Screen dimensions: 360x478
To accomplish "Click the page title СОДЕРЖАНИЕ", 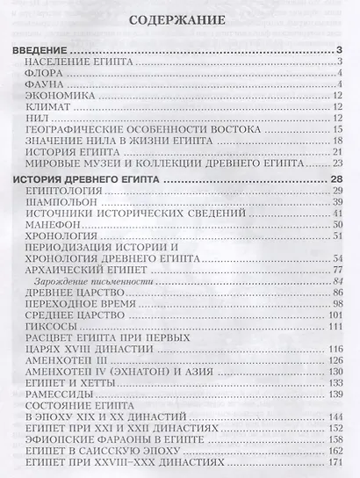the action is pos(180,18).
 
